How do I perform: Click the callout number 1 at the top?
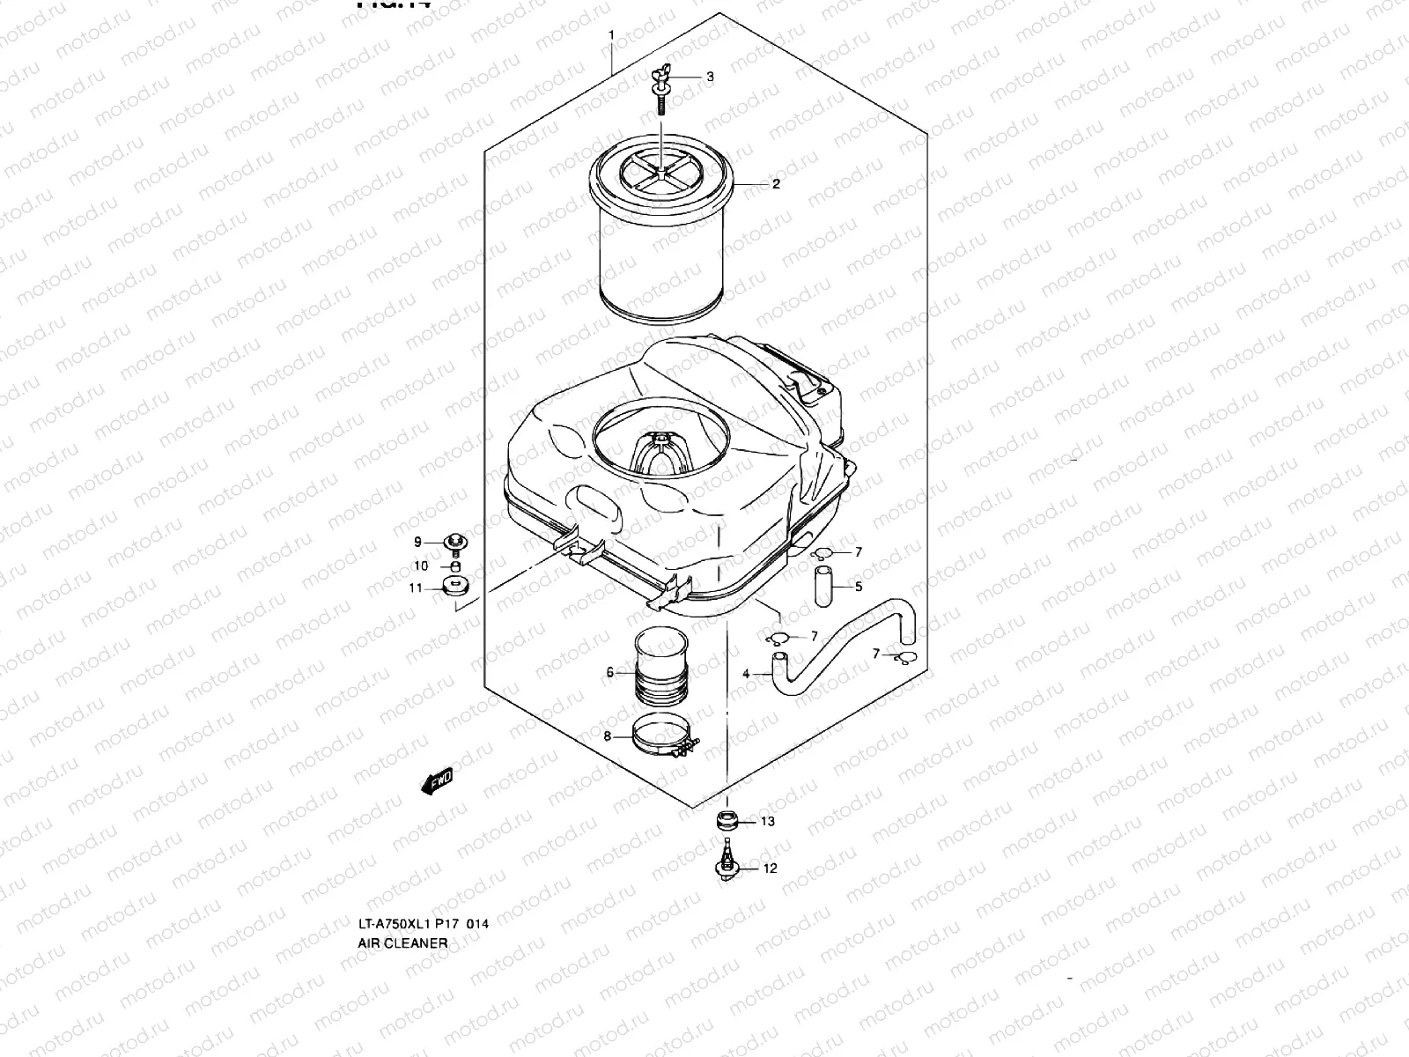(x=610, y=34)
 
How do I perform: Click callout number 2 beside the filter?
(x=776, y=184)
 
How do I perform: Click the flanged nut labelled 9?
(x=456, y=542)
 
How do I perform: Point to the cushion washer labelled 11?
(x=456, y=588)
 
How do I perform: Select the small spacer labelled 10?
(x=455, y=565)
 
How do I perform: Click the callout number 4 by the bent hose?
(x=746, y=674)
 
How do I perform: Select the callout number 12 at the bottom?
(x=770, y=869)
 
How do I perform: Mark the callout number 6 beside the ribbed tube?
(x=609, y=673)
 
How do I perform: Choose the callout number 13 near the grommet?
(x=768, y=822)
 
